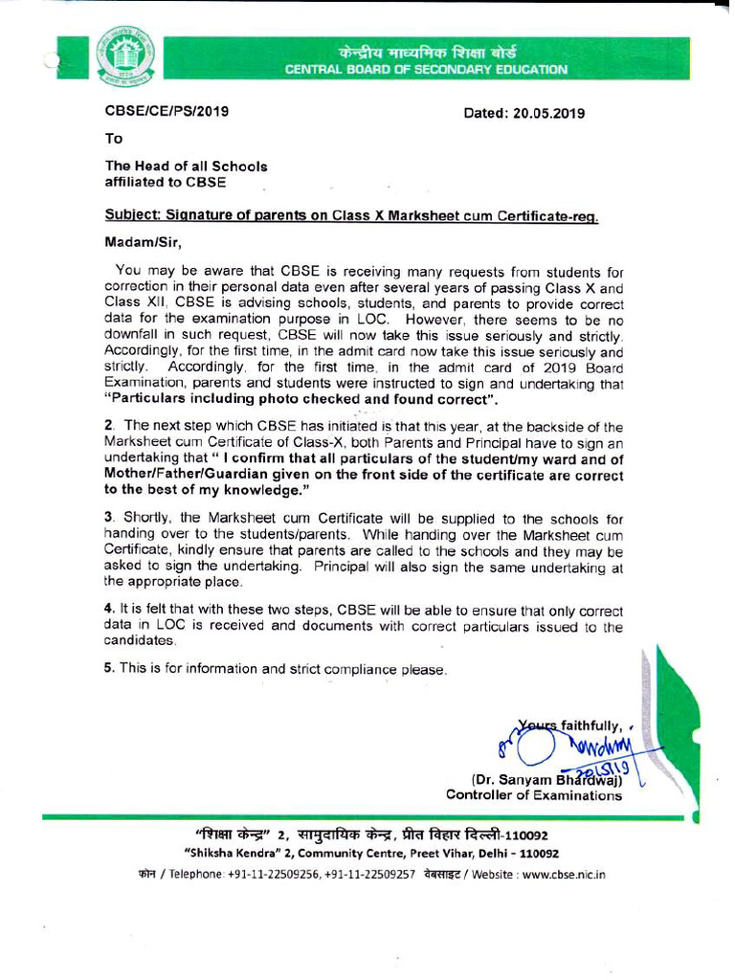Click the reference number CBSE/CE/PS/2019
tap(167, 112)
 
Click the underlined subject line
tap(351, 216)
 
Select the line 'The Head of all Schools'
tap(186, 166)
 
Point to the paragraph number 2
tap(109, 426)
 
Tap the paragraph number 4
tap(109, 609)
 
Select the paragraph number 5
tap(109, 668)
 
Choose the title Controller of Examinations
tap(533, 794)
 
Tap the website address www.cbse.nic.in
tap(564, 874)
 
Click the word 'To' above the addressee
tap(114, 138)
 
